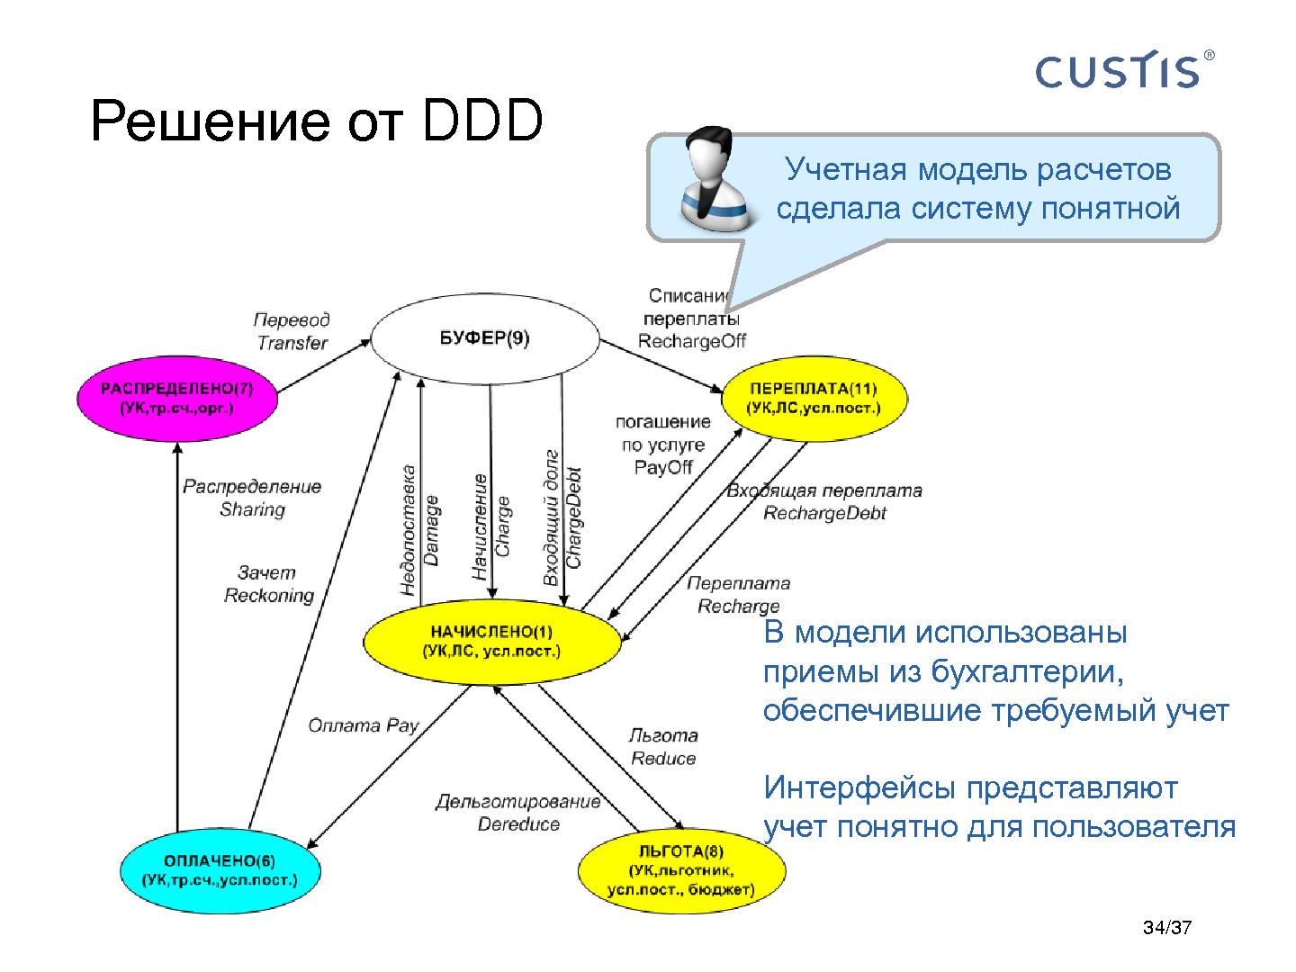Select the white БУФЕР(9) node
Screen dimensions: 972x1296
485,339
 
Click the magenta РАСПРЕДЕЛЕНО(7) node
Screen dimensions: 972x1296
176,398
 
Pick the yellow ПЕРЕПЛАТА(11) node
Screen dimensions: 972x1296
814,398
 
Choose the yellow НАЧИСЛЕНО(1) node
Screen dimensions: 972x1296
491,641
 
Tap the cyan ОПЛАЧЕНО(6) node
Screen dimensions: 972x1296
220,869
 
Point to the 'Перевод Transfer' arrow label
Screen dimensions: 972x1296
292,331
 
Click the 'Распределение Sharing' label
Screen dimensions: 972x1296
252,498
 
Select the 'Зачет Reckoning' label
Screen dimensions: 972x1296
268,584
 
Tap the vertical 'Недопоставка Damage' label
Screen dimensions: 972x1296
419,530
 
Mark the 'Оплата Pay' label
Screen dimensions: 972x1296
363,725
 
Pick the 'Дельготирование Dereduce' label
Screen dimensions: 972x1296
518,813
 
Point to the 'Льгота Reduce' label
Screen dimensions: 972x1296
663,747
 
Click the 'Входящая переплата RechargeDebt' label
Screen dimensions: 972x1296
823,502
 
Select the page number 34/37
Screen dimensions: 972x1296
1166,928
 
